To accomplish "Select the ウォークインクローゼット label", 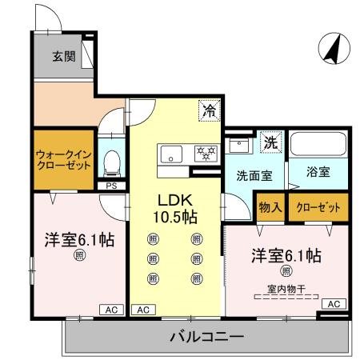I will [62, 158].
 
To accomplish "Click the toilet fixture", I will [112, 162].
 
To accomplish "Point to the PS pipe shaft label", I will [110, 186].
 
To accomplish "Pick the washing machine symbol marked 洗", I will [271, 145].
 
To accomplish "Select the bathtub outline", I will [318, 146].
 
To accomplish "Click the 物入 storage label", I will [270, 207].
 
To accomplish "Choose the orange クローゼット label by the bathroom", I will [318, 207].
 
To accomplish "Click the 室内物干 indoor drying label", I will [286, 289].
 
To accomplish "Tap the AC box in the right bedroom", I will [334, 303].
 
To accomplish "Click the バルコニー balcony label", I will [206, 336].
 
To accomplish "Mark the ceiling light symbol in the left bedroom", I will [79, 256].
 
